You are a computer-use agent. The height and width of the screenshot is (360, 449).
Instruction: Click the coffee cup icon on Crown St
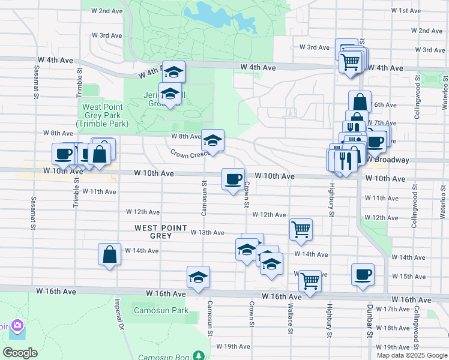tap(233, 178)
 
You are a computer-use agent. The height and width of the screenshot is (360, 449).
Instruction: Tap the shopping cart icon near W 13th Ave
tap(300, 229)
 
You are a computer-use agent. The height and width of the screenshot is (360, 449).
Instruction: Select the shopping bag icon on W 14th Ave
tap(110, 254)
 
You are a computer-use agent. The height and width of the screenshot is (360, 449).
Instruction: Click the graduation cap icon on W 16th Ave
tap(198, 277)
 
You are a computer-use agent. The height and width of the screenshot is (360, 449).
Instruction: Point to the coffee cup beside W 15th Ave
tap(363, 274)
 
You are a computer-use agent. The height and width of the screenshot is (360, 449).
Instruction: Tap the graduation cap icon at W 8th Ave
tap(212, 140)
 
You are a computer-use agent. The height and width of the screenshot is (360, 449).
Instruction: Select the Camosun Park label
tap(162, 311)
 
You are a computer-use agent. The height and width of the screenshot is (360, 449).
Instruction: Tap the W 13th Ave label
tap(208, 233)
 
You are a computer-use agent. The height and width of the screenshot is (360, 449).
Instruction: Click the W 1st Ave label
tap(405, 11)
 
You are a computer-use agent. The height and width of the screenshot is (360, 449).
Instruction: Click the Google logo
tap(20, 353)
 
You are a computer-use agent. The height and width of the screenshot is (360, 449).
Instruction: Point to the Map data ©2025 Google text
tap(411, 355)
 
